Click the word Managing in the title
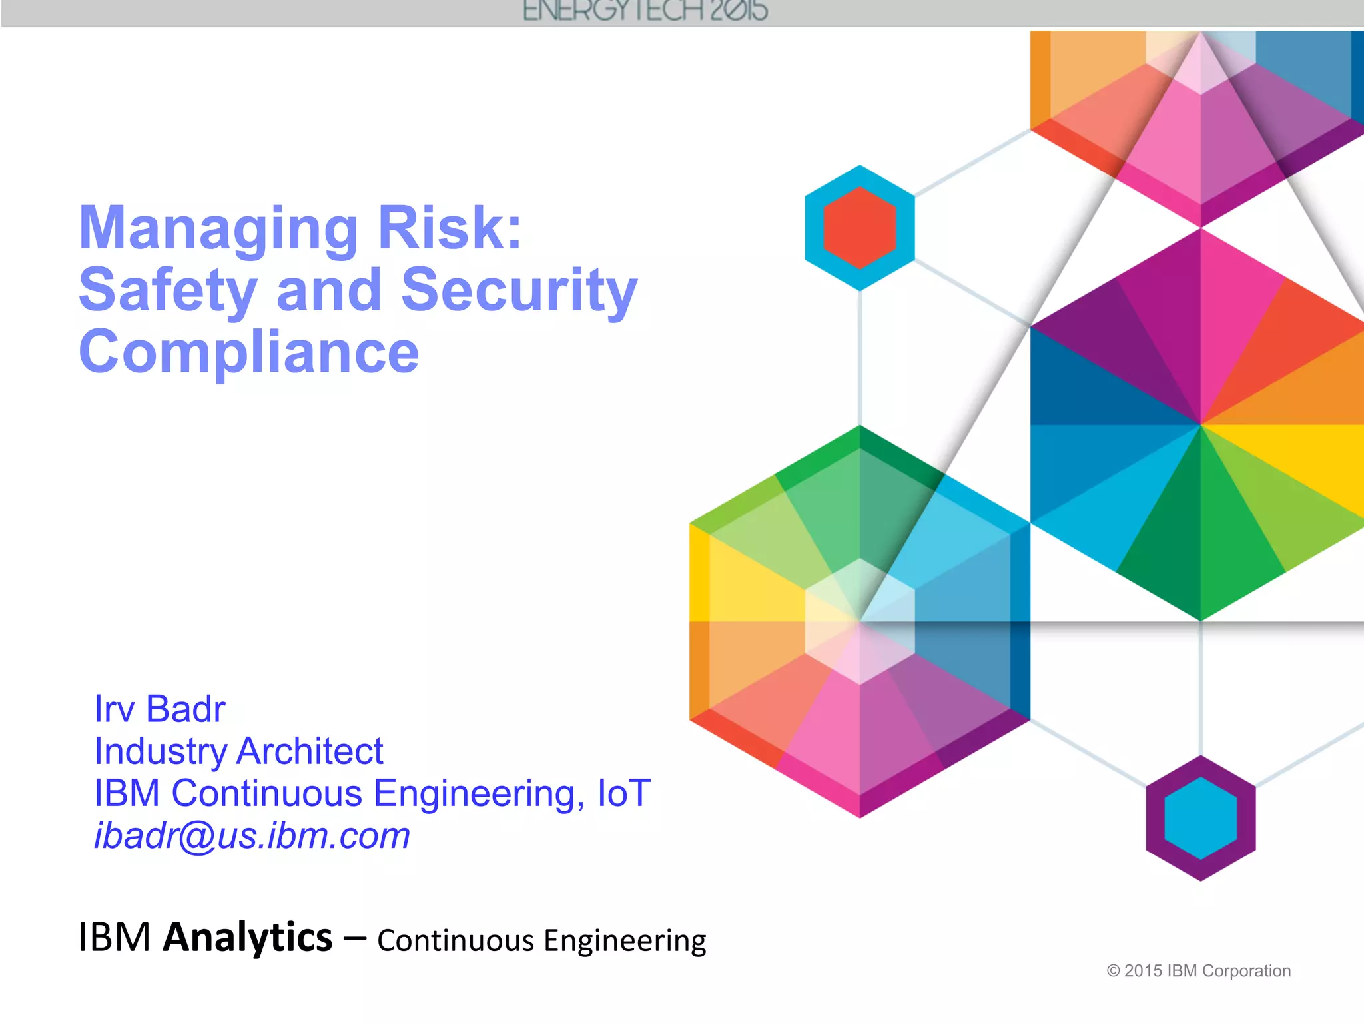click(x=218, y=230)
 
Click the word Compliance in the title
click(x=249, y=352)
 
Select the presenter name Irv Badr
click(x=160, y=709)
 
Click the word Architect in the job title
click(x=310, y=751)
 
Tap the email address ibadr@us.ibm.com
click(x=252, y=835)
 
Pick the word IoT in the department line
click(x=623, y=793)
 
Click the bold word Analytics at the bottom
click(x=248, y=937)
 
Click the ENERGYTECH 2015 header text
click(x=645, y=11)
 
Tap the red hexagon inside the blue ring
click(x=860, y=228)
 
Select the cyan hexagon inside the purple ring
click(x=1200, y=818)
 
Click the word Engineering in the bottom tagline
click(x=625, y=941)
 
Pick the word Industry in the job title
click(x=161, y=751)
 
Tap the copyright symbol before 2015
click(x=1113, y=971)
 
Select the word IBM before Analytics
click(x=115, y=938)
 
